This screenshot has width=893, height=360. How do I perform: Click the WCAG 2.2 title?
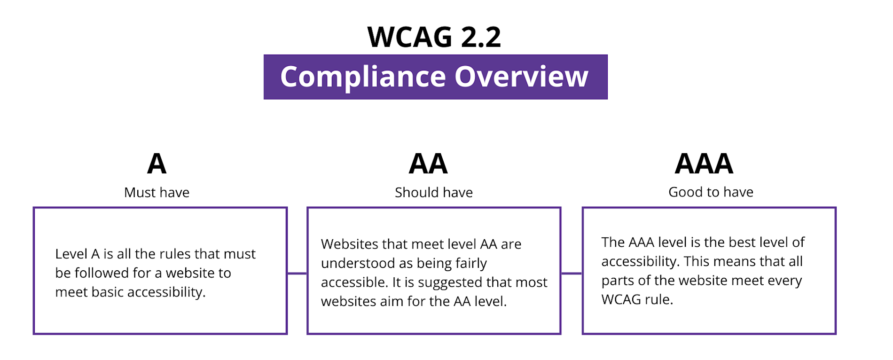434,37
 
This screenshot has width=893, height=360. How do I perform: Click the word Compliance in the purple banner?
363,77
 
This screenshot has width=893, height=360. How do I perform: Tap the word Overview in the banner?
521,77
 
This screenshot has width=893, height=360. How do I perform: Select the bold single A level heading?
157,164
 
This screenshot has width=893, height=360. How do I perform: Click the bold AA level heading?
428,164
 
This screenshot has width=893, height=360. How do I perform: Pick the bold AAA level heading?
704,164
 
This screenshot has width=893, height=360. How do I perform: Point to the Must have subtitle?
157,193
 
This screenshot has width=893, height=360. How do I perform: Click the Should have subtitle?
433,193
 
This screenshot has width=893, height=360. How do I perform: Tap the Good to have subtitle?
711,192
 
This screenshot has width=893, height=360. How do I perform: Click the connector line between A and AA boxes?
297,273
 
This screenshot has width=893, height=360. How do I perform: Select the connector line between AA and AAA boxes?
572,273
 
